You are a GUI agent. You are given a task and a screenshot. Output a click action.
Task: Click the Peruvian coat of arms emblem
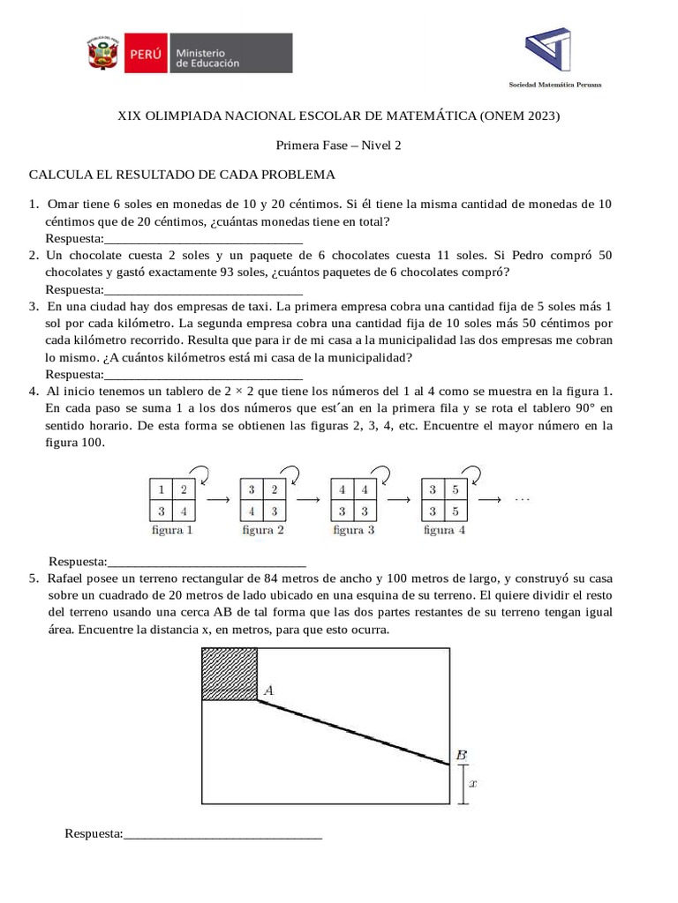coord(103,55)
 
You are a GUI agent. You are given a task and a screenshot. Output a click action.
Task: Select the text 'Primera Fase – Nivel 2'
coord(339,146)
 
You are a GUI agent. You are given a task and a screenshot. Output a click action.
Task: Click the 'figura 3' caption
coord(353,531)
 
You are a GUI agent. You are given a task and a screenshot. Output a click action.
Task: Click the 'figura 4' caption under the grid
coord(445,531)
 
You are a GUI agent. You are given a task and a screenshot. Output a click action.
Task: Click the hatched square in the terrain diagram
coord(229,674)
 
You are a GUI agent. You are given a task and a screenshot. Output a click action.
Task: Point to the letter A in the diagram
coord(268,692)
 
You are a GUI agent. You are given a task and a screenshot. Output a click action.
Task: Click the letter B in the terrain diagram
coord(461,755)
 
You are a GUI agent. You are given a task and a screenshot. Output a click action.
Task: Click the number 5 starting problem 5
coord(32,578)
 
